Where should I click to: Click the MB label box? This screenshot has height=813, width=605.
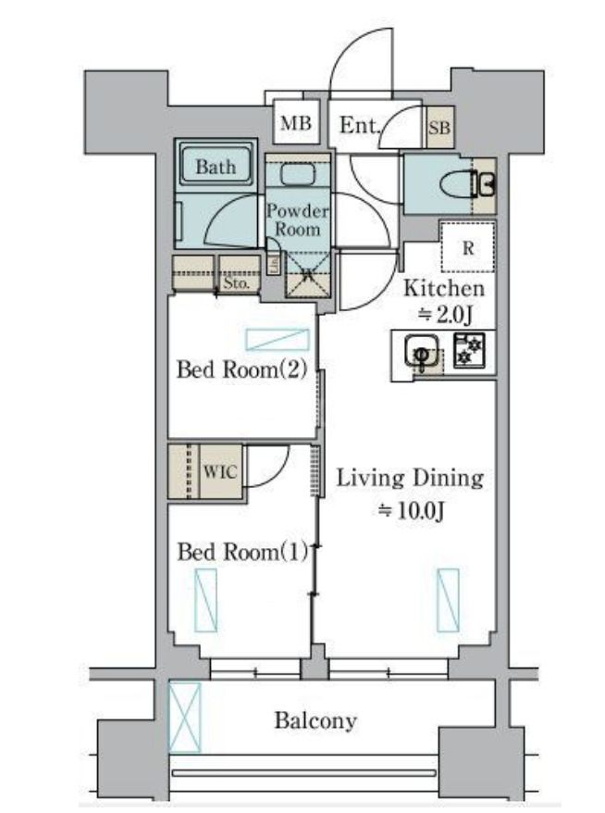click(297, 124)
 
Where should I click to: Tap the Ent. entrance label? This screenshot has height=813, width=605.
click(360, 125)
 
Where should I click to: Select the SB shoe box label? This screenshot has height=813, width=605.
click(438, 129)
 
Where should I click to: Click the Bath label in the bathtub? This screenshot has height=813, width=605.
click(215, 168)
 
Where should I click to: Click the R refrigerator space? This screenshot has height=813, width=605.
click(468, 247)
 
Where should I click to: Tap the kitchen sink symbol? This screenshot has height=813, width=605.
click(421, 353)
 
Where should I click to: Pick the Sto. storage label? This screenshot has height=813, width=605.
click(237, 283)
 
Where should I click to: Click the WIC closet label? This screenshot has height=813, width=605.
click(219, 471)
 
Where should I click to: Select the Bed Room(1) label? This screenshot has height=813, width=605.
click(241, 553)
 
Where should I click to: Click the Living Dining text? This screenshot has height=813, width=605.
click(409, 479)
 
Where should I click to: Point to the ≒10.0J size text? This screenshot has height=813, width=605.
click(411, 510)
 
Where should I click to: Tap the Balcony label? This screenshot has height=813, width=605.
click(315, 720)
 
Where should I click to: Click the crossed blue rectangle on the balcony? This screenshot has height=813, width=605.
click(184, 717)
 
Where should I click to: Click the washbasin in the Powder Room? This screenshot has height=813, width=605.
click(297, 174)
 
